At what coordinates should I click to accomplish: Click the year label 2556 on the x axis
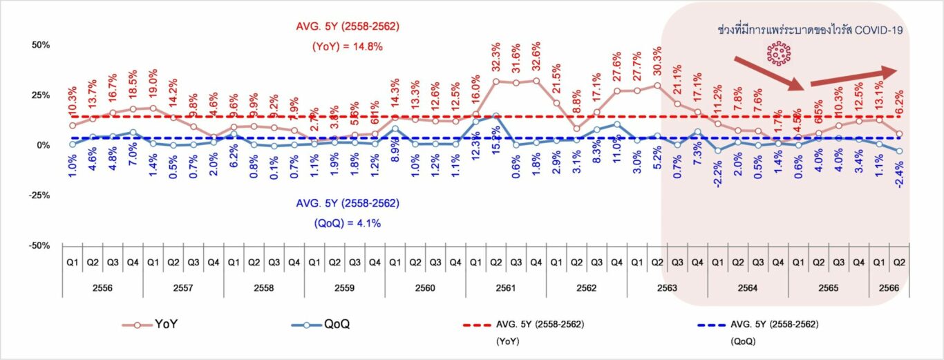click(x=102, y=287)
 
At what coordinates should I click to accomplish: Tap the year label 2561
click(x=505, y=287)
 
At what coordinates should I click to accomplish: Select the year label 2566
click(x=888, y=287)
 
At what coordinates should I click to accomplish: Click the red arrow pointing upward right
click(x=853, y=76)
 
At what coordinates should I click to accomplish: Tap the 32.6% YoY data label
click(x=536, y=59)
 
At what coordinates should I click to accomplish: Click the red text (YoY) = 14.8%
click(x=343, y=46)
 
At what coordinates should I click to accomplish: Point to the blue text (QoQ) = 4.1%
click(x=343, y=222)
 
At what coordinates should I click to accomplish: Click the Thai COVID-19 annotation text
click(x=810, y=30)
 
